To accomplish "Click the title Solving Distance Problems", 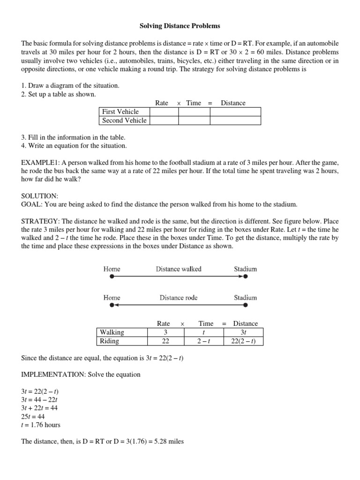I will click(x=180, y=26).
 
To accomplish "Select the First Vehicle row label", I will click(x=120, y=112).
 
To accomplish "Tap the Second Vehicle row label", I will click(x=124, y=120).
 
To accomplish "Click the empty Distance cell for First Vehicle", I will click(x=235, y=112).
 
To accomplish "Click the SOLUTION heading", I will click(x=40, y=195).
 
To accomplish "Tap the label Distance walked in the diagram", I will click(x=178, y=269).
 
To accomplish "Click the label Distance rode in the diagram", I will click(x=178, y=298).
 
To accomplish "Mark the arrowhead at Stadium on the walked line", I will click(x=241, y=277).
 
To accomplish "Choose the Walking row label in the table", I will click(x=112, y=332).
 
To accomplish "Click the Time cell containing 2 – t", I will click(x=205, y=341).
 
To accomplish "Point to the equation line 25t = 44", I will click(x=34, y=417).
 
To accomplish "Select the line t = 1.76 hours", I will click(x=41, y=425).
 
